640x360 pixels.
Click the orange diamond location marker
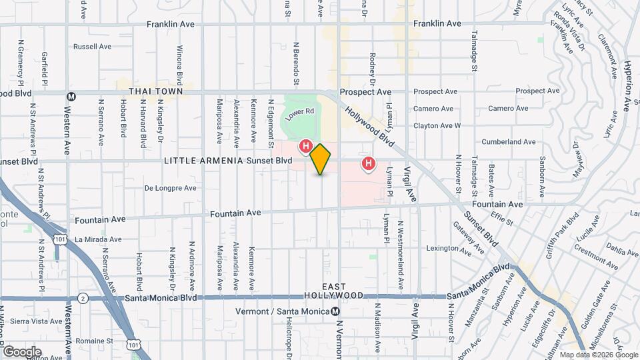click(321, 159)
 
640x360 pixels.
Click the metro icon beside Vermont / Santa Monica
click(335, 311)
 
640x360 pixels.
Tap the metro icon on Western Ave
click(71, 97)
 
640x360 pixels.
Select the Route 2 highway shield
click(83, 297)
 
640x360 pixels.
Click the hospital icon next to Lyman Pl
click(367, 163)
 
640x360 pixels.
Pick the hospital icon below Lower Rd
click(306, 145)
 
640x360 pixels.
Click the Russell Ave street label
click(93, 47)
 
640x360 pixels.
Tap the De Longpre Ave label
click(170, 188)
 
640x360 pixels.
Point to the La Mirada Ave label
click(98, 239)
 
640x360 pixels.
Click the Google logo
click(22, 352)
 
